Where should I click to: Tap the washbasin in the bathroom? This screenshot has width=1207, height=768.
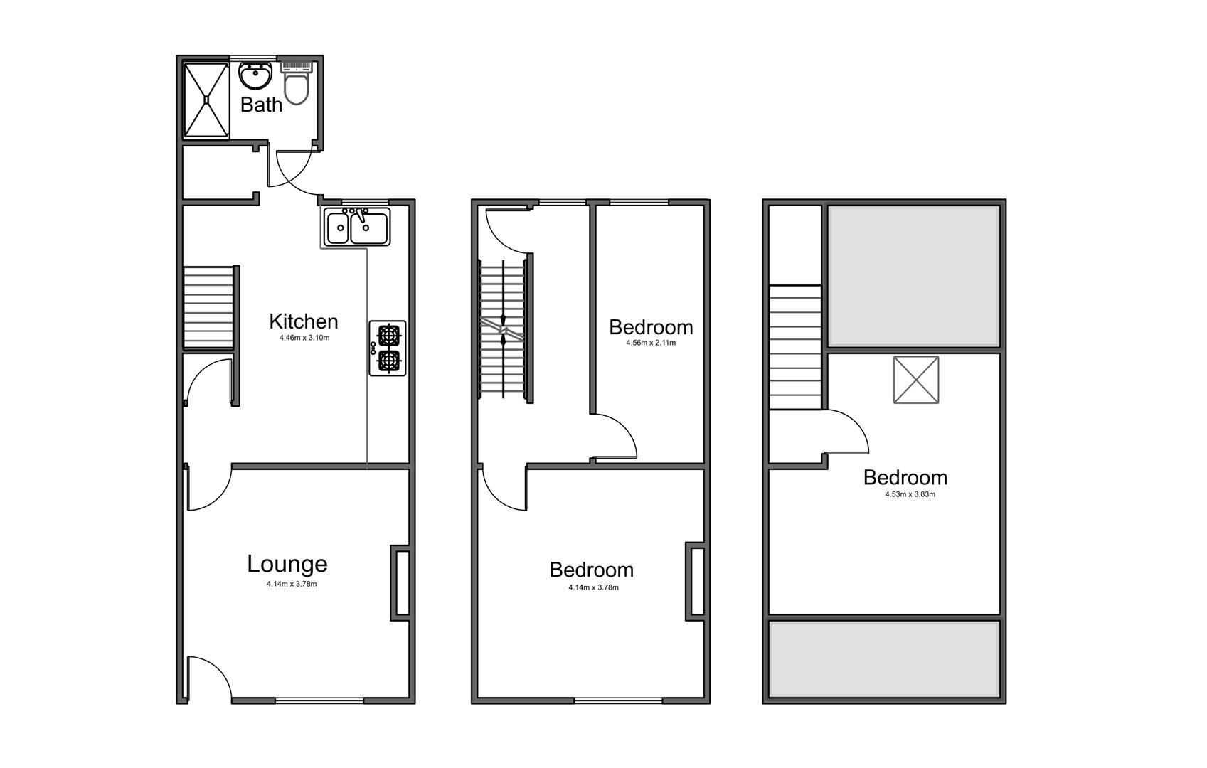(255, 74)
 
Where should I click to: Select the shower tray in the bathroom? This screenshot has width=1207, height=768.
(206, 100)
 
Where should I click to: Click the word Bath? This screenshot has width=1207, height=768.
(261, 105)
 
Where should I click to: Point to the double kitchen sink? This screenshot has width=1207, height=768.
(356, 227)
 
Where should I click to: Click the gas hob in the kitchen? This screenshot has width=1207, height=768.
(388, 348)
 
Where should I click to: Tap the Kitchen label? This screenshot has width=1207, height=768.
(303, 321)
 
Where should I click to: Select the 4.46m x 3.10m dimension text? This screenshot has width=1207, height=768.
(304, 338)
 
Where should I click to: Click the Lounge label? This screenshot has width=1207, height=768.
(287, 564)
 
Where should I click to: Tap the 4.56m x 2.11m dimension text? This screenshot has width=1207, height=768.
(650, 343)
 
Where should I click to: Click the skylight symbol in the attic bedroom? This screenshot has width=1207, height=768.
(916, 380)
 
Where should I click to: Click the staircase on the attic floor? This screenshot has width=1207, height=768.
(796, 346)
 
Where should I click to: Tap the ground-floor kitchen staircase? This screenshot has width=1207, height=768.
(209, 307)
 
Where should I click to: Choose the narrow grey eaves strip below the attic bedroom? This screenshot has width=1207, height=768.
(885, 658)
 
